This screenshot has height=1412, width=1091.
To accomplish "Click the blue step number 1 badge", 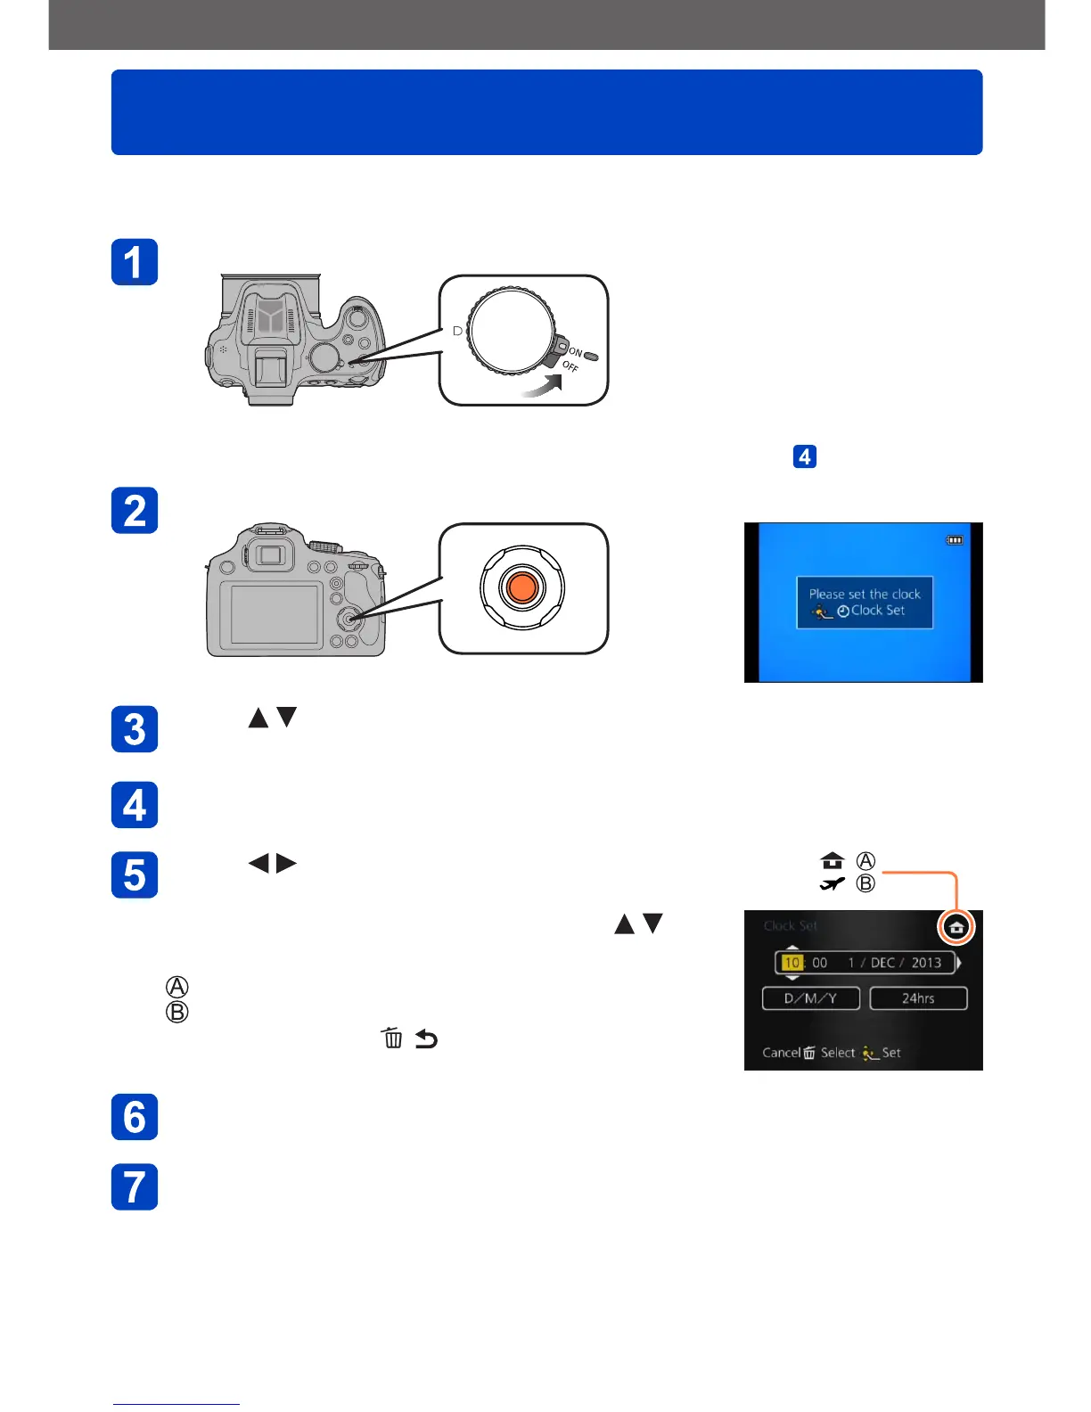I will (x=135, y=262).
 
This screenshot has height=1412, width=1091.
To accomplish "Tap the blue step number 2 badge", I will (x=135, y=511).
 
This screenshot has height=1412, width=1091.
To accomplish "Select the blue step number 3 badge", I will (x=135, y=729).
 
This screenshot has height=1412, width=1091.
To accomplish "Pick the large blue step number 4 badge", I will (x=135, y=805).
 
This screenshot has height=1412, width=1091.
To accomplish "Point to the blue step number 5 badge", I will (x=135, y=874).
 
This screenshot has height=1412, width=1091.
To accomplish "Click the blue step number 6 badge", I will (x=135, y=1117).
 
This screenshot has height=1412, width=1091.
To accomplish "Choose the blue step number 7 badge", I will (x=135, y=1186).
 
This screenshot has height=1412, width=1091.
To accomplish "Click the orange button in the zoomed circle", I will (x=522, y=587).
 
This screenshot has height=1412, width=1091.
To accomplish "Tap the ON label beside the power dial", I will (x=576, y=353).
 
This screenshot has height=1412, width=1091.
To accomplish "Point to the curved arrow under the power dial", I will (x=543, y=385).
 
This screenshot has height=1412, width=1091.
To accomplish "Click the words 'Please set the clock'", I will (x=865, y=594).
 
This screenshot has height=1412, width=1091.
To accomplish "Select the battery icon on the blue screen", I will (x=955, y=540).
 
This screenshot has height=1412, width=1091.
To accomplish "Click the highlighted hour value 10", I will (x=792, y=963).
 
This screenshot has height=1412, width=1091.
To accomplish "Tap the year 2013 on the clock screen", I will (x=926, y=963).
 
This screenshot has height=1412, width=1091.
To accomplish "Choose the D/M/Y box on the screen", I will (x=810, y=998).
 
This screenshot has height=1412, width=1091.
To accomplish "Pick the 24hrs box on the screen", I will (x=918, y=998).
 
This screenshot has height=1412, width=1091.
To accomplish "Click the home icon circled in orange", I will (x=956, y=928).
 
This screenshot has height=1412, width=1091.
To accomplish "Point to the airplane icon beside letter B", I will (x=833, y=884).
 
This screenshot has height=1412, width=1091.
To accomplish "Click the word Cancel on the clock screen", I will (x=781, y=1053).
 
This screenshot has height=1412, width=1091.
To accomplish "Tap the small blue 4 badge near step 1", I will (x=805, y=457).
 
